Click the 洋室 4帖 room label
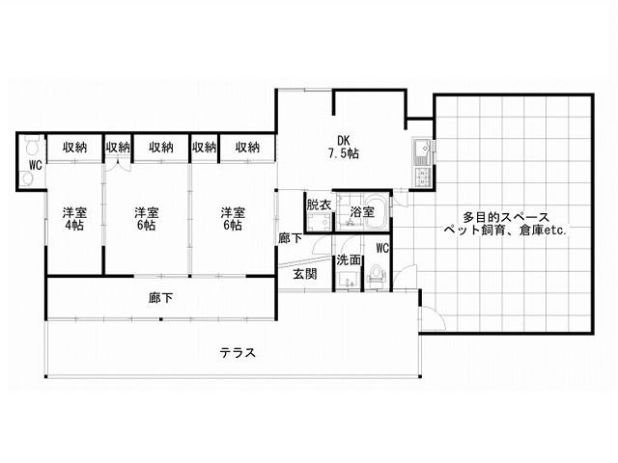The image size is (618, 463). (74, 219)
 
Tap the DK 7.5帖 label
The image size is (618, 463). (344, 147)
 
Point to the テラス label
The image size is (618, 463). (238, 352)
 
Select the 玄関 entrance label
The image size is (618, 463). (305, 274)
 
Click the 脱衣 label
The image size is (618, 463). (319, 204)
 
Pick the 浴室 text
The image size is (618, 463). (362, 212)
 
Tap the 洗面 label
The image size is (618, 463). (349, 259)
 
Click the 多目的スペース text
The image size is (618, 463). (506, 217)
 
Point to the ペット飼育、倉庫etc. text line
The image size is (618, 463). (505, 230)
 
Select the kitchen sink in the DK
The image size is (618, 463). (423, 151)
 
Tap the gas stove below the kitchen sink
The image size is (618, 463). (423, 177)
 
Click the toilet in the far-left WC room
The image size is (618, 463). (31, 146)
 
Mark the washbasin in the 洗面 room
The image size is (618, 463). (348, 279)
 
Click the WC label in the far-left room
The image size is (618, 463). (36, 165)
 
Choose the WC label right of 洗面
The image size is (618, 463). (382, 248)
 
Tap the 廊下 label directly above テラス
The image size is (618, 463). (161, 298)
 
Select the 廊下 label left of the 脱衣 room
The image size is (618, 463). (291, 238)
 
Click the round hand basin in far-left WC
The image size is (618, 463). (27, 179)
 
